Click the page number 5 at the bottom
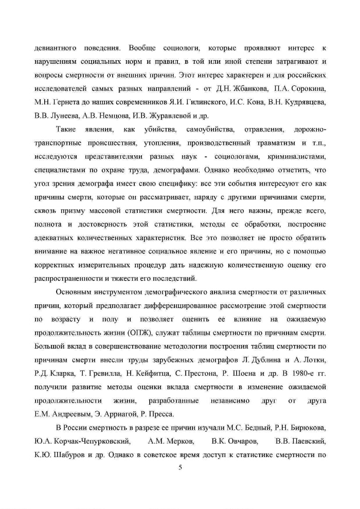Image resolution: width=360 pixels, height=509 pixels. point(180,467)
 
